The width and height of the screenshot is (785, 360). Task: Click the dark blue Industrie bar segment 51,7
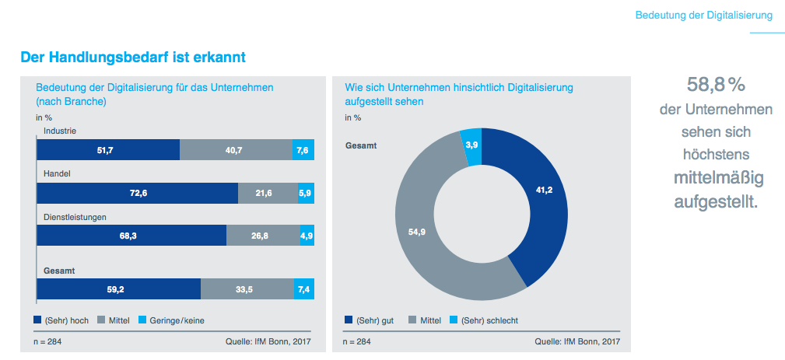point(108,149)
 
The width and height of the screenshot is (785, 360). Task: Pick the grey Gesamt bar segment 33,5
point(247,288)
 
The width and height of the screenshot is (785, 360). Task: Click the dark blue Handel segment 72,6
point(137,193)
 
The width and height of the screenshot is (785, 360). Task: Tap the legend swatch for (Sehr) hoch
point(38,320)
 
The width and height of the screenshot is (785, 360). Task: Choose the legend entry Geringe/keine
point(177,320)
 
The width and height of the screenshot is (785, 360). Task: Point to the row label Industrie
point(60,131)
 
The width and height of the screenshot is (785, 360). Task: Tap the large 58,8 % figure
point(716,85)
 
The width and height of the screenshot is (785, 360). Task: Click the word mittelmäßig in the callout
point(716,179)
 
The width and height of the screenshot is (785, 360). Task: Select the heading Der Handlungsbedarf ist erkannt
point(134,57)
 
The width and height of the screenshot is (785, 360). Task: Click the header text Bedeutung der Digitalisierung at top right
point(703,15)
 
